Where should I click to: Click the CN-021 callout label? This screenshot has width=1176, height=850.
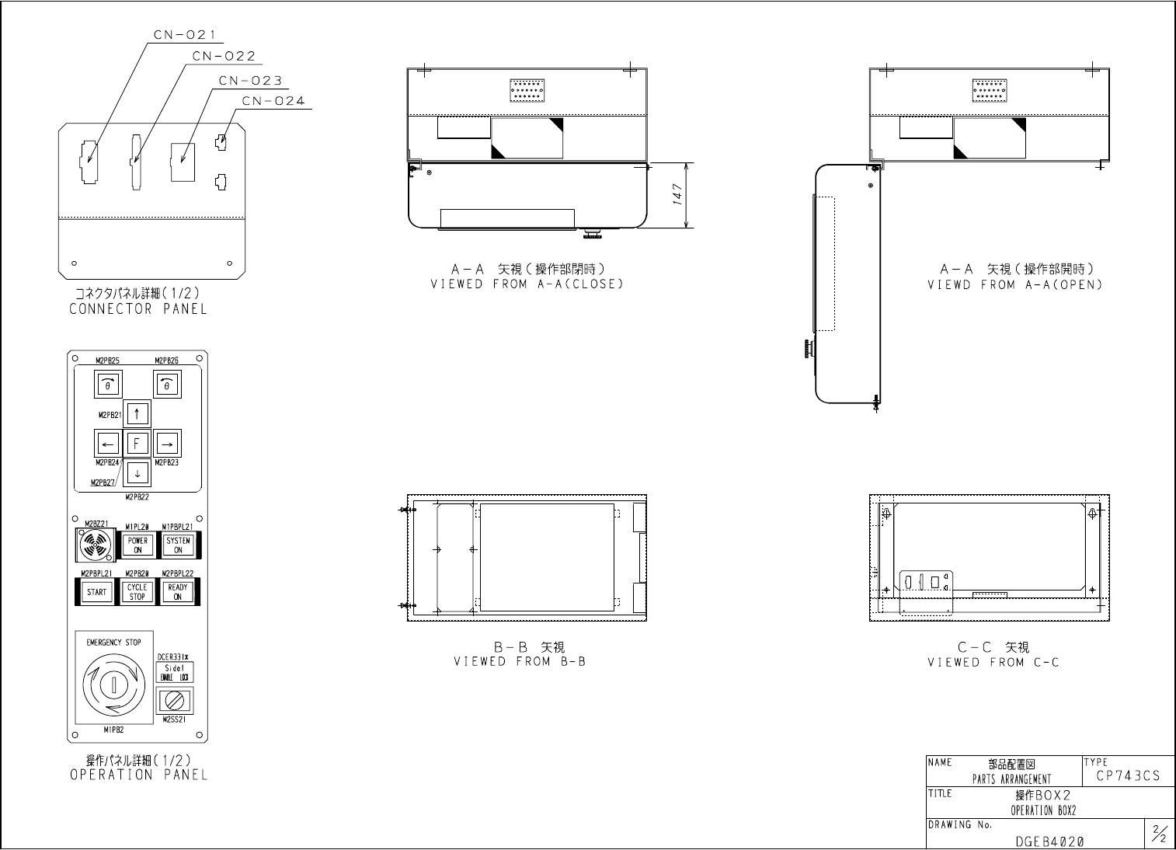click(x=184, y=34)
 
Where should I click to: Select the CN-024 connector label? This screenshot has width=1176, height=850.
click(x=273, y=101)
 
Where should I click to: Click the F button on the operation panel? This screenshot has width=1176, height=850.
click(x=137, y=444)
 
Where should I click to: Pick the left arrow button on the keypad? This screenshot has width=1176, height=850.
click(x=108, y=444)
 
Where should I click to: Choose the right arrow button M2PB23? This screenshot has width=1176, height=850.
click(x=167, y=444)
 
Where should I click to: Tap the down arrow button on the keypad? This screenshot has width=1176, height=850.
click(x=137, y=472)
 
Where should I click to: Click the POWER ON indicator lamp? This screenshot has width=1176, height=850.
click(x=137, y=545)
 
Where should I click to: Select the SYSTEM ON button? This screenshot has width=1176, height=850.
click(x=178, y=545)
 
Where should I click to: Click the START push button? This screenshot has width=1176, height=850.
click(x=97, y=593)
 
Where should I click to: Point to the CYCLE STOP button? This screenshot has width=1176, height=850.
click(x=137, y=593)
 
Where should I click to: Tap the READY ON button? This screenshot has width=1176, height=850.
click(x=178, y=593)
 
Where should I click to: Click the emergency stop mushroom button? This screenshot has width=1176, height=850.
click(x=113, y=685)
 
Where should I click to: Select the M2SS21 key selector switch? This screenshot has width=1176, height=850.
click(x=175, y=702)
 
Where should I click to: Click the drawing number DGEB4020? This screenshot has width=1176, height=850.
click(x=1049, y=841)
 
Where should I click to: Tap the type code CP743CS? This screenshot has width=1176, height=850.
click(x=1128, y=776)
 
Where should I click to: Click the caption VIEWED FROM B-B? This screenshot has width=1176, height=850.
click(x=520, y=662)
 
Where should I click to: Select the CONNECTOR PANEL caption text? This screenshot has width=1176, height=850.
click(x=138, y=309)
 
